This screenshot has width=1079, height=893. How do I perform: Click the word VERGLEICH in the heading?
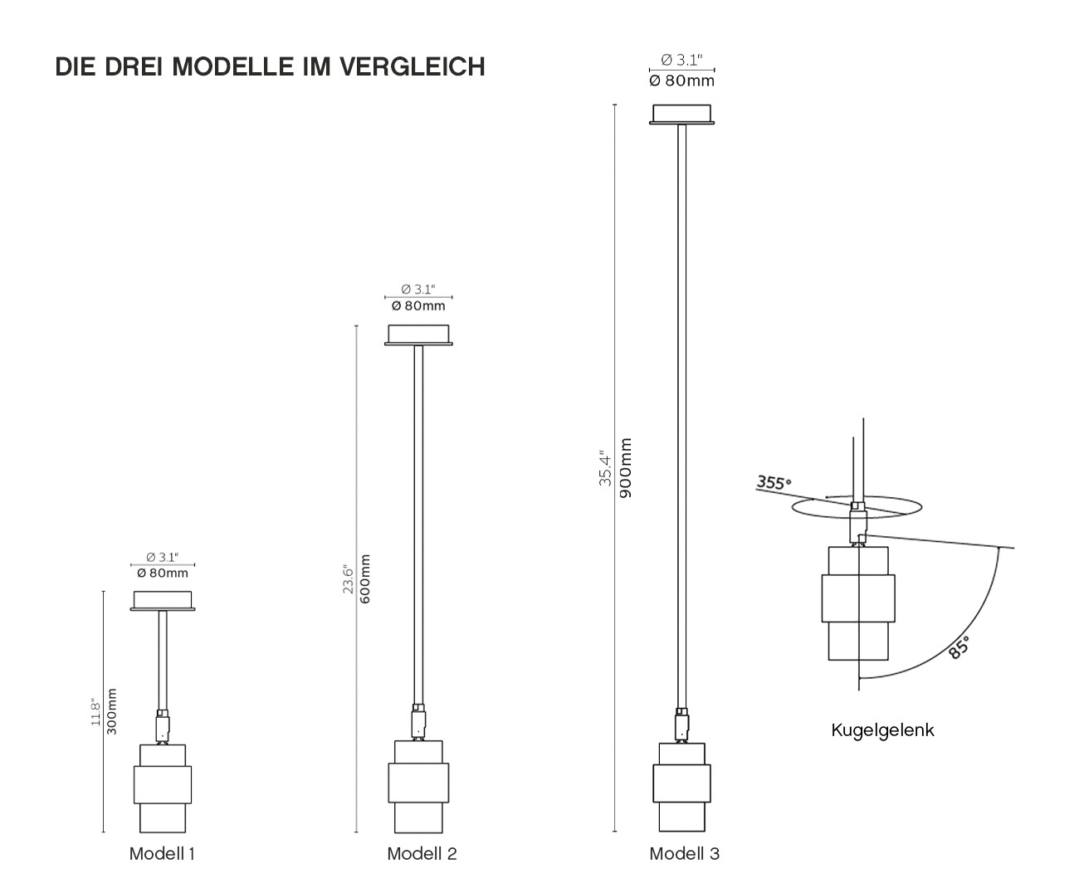pos(412,66)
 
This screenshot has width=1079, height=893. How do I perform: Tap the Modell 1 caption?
pos(162,853)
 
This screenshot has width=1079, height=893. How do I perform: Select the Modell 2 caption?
pos(422,853)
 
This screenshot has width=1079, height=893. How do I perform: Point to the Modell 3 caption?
pos(684,853)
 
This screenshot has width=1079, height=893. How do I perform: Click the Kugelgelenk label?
pos(882,730)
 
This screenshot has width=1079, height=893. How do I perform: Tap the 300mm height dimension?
pos(111,711)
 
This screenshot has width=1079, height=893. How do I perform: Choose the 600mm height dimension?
pos(365,578)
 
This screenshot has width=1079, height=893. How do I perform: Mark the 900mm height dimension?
pos(625,468)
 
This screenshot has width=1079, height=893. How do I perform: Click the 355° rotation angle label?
pos(774,483)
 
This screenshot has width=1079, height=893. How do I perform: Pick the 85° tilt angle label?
pos(959,647)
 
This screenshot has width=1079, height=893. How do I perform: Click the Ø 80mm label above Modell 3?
pos(682,81)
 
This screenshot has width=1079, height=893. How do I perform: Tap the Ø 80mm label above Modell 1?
pos(163,573)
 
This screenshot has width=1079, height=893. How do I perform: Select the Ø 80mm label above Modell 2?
pos(418,306)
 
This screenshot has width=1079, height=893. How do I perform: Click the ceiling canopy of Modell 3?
pos(682,115)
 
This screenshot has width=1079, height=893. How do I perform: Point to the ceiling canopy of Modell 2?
pos(418,335)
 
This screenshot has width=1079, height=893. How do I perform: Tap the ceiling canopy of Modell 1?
pos(163,601)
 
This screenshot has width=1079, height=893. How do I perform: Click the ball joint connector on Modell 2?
pos(418,722)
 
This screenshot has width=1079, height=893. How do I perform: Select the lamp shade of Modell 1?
pos(163,788)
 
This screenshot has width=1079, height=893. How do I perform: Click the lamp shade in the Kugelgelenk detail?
pos(858,603)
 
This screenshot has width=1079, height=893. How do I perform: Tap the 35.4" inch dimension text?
pos(605,471)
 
